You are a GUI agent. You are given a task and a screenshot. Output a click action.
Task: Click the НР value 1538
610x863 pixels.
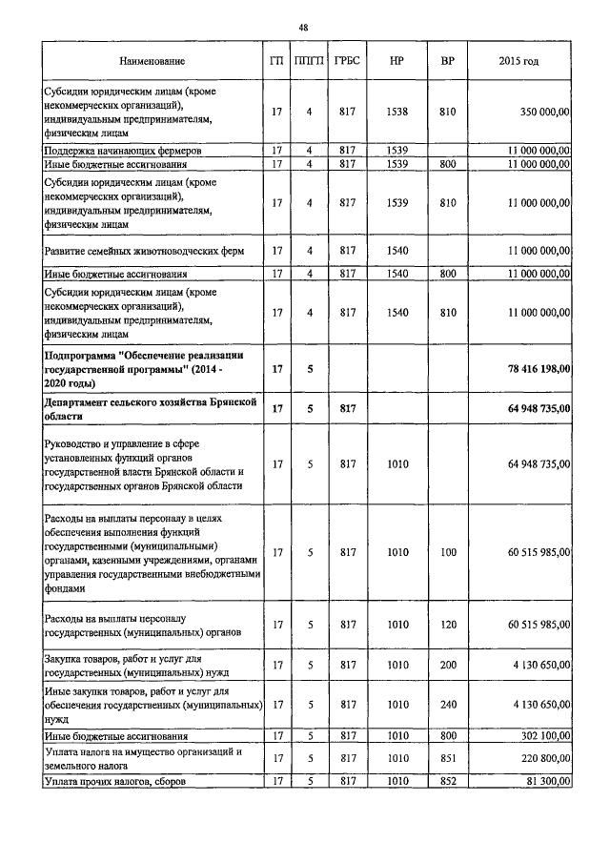[397, 113]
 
